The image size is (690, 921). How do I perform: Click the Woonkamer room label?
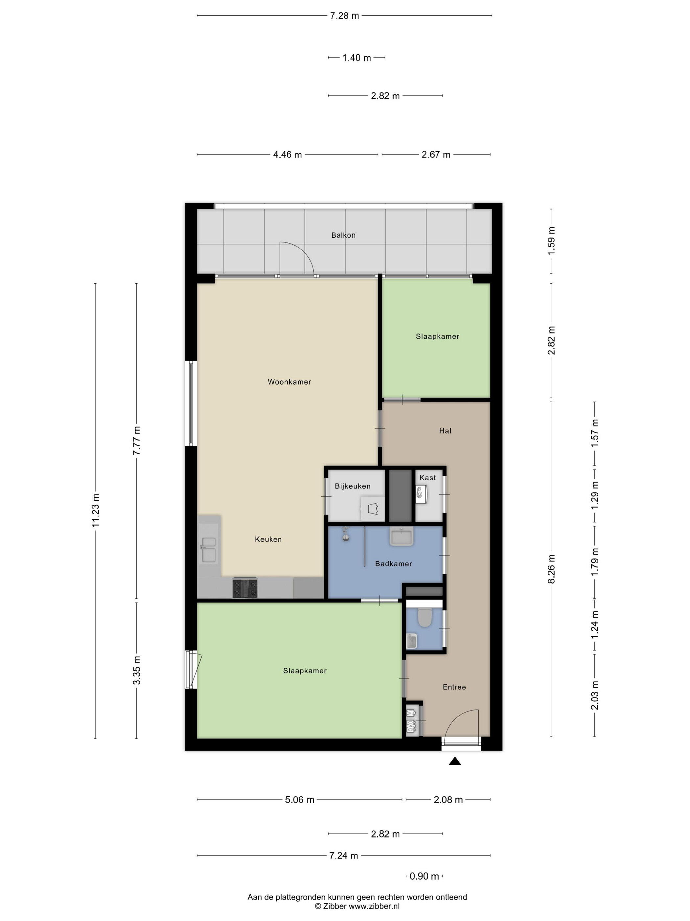tap(289, 382)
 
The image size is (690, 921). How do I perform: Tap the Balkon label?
tap(343, 235)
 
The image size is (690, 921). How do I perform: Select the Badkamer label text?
tap(393, 564)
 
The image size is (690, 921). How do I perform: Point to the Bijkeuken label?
tap(352, 486)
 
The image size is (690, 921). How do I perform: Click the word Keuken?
tap(268, 539)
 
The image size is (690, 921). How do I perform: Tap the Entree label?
tap(454, 687)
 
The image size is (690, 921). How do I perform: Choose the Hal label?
tap(445, 431)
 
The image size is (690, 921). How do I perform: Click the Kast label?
tap(427, 478)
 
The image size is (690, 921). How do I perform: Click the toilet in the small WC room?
tap(424, 618)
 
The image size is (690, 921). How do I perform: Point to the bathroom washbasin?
tap(402, 536)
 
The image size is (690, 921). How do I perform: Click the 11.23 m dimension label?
tap(96, 510)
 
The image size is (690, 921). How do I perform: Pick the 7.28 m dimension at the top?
tap(344, 16)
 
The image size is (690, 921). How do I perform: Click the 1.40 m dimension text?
tap(356, 58)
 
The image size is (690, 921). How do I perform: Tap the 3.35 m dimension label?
tap(136, 670)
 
